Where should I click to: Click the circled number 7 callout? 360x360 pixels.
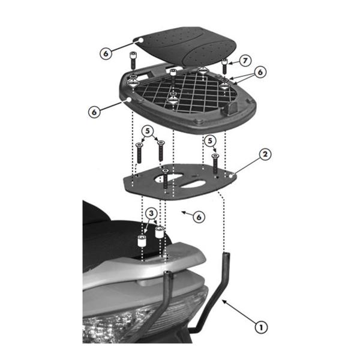click(245, 61)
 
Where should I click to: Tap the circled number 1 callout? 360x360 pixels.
click(260, 327)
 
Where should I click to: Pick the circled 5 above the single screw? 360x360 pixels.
click(209, 140)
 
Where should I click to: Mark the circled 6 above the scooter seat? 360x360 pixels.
click(199, 217)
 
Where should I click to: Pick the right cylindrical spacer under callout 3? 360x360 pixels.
click(160, 233)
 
